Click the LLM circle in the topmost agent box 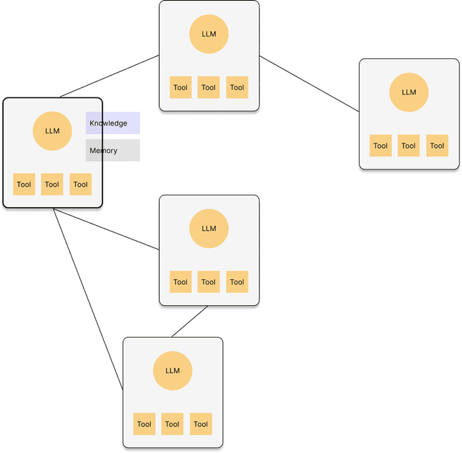point(209,34)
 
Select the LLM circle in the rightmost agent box point(409,92)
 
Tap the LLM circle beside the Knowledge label point(52,131)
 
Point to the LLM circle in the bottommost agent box point(172,371)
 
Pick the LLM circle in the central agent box point(209,229)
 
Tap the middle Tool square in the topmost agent point(209,87)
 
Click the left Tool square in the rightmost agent point(380,146)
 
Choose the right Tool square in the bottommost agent point(201,424)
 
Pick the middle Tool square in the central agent point(209,282)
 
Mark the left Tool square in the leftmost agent point(24,184)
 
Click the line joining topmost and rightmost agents point(309,84)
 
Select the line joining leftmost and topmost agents point(108,76)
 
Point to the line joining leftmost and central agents point(107,230)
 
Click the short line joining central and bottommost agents point(188,323)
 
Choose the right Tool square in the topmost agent point(237,87)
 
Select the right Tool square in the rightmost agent point(437,146)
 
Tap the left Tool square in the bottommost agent point(144,424)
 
